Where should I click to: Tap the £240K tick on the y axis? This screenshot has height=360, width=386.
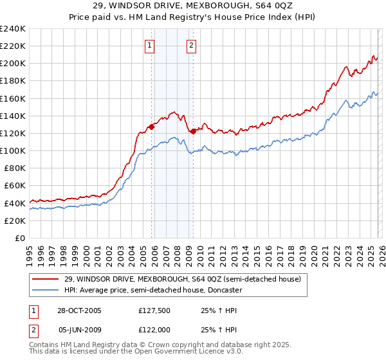[x=13, y=29]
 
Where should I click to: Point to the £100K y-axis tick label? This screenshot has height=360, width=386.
[x=13, y=150]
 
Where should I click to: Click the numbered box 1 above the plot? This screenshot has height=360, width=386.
[x=150, y=45]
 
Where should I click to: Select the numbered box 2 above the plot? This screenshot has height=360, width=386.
[x=192, y=45]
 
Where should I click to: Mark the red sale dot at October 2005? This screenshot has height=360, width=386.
[x=152, y=127]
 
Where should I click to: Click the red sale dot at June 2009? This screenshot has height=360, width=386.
[x=193, y=131]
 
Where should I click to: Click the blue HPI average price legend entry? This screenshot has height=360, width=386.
[x=152, y=290]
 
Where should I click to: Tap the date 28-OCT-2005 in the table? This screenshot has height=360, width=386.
[x=79, y=310]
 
